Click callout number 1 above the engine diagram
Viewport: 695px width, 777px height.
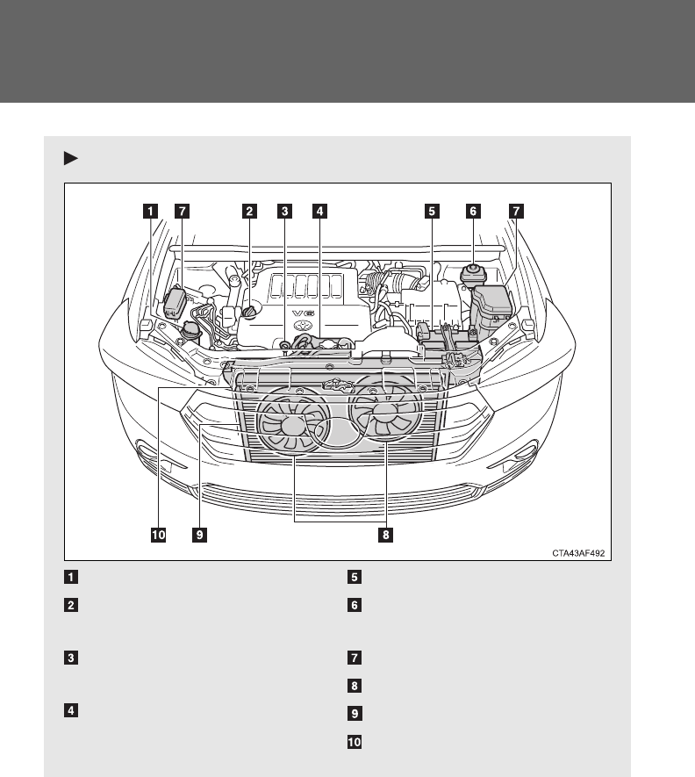click(x=151, y=211)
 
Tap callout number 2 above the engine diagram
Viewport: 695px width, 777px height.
click(x=250, y=211)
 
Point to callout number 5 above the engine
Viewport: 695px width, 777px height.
click(x=431, y=211)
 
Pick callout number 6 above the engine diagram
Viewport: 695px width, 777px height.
click(x=473, y=211)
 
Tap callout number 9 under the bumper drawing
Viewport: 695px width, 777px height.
click(x=200, y=533)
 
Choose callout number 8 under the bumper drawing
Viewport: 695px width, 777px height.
click(x=383, y=533)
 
